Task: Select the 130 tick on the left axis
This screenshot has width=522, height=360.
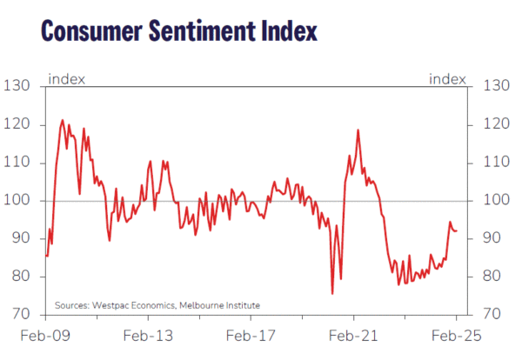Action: click(x=18, y=86)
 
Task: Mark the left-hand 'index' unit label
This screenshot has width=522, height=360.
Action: click(x=66, y=80)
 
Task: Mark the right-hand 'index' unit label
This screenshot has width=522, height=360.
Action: click(x=448, y=80)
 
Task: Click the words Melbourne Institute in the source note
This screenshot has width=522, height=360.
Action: click(x=220, y=305)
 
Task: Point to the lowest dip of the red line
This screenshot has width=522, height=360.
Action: click(x=332, y=294)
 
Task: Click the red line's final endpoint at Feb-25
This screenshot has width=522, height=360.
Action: click(x=457, y=230)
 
